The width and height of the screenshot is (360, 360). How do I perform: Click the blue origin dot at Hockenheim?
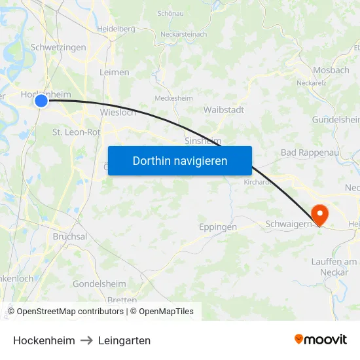click(x=41, y=100)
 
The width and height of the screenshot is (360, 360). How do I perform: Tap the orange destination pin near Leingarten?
click(x=321, y=214)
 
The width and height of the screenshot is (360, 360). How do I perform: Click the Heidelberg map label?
click(x=116, y=29)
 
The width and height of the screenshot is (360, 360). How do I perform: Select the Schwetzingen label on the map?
click(x=58, y=48)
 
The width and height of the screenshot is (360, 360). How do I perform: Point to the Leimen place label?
click(x=115, y=72)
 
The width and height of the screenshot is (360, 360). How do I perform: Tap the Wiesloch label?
click(x=118, y=112)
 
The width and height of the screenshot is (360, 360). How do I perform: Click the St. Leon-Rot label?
click(x=77, y=132)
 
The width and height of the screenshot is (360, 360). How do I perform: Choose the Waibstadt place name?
click(x=224, y=110)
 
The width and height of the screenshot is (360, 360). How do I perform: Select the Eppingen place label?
click(x=217, y=227)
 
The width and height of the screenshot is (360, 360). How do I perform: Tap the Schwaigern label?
click(x=287, y=225)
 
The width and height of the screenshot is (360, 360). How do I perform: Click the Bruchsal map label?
click(x=70, y=236)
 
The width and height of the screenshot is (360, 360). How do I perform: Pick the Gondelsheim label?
click(x=99, y=284)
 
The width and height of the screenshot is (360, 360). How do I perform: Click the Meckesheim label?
click(x=173, y=98)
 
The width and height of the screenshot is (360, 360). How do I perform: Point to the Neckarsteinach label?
click(x=185, y=34)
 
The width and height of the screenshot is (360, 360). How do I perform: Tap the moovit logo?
click(x=321, y=339)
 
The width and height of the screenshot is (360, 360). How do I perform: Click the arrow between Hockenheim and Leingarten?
click(x=86, y=340)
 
